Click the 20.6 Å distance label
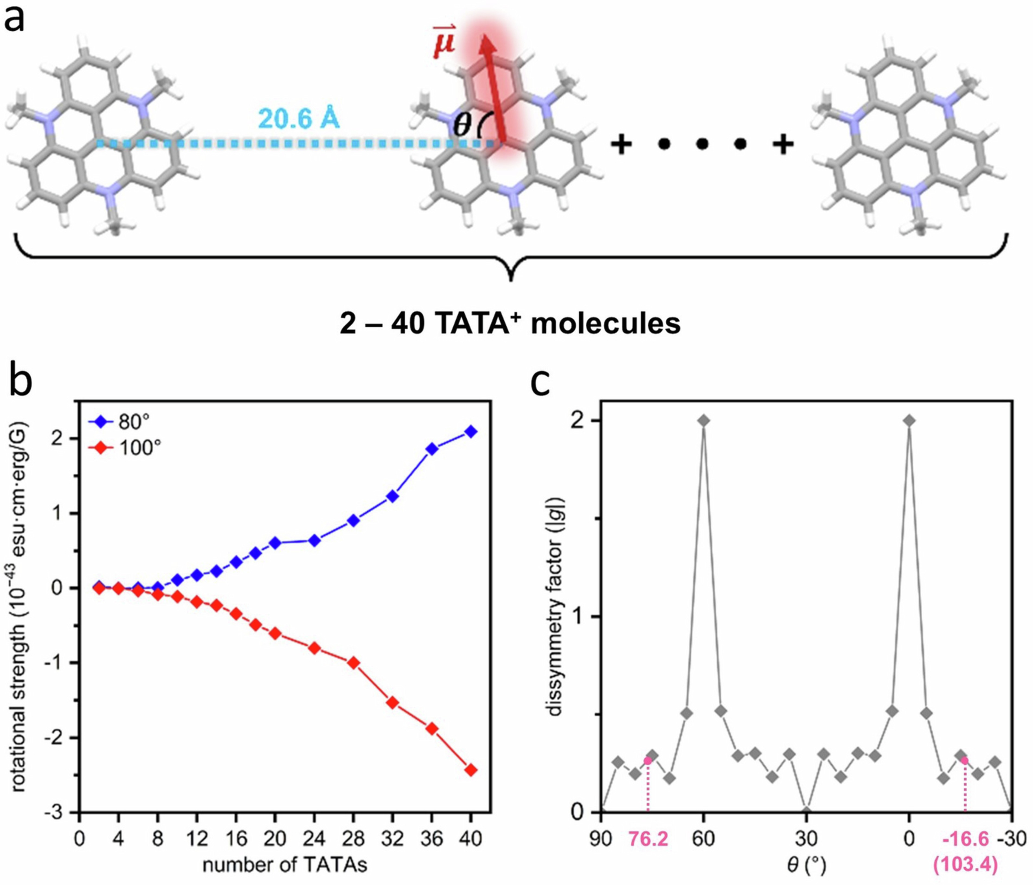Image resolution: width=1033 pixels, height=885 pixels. [299, 120]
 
